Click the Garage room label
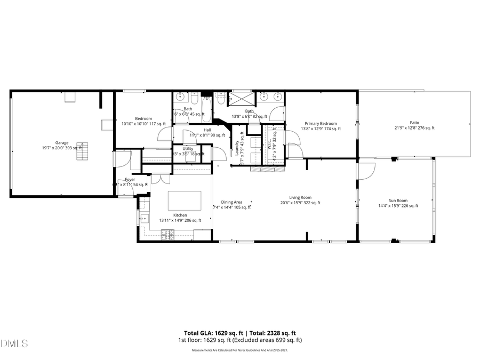click(x=62, y=142)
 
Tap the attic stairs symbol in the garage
click(x=81, y=151)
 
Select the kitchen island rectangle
click(x=185, y=201)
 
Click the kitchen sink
click(x=143, y=218)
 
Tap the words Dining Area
click(x=231, y=202)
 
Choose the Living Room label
click(x=300, y=197)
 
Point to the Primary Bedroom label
click(x=321, y=123)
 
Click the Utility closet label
click(x=188, y=149)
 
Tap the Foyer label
click(x=130, y=179)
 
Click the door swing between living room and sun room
click(x=365, y=170)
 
